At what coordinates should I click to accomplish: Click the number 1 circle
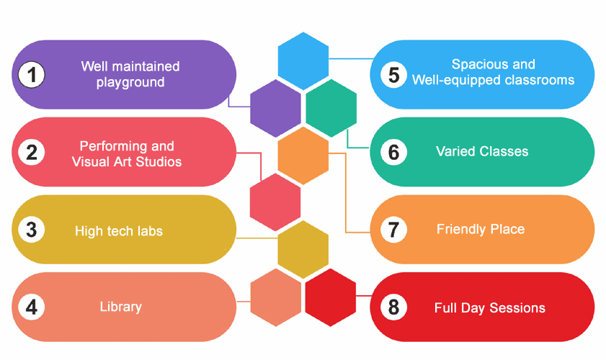(x=32, y=74)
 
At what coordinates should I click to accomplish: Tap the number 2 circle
(x=32, y=153)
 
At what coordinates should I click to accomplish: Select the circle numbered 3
(x=32, y=230)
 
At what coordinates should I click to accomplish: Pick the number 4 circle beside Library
(x=32, y=307)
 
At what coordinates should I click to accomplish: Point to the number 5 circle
(x=393, y=75)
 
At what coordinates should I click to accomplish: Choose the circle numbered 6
(x=393, y=153)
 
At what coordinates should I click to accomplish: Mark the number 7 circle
(x=393, y=230)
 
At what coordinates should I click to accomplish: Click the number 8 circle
(x=393, y=307)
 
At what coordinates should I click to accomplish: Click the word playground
(x=130, y=82)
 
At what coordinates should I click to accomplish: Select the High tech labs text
(x=119, y=231)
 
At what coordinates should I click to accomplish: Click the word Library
(x=120, y=307)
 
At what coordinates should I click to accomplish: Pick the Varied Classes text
(x=482, y=152)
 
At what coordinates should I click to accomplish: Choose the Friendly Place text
(x=481, y=230)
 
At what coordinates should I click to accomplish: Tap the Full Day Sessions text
(x=490, y=308)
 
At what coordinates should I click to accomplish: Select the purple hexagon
(x=275, y=108)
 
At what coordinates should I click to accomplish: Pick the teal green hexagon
(x=331, y=108)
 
